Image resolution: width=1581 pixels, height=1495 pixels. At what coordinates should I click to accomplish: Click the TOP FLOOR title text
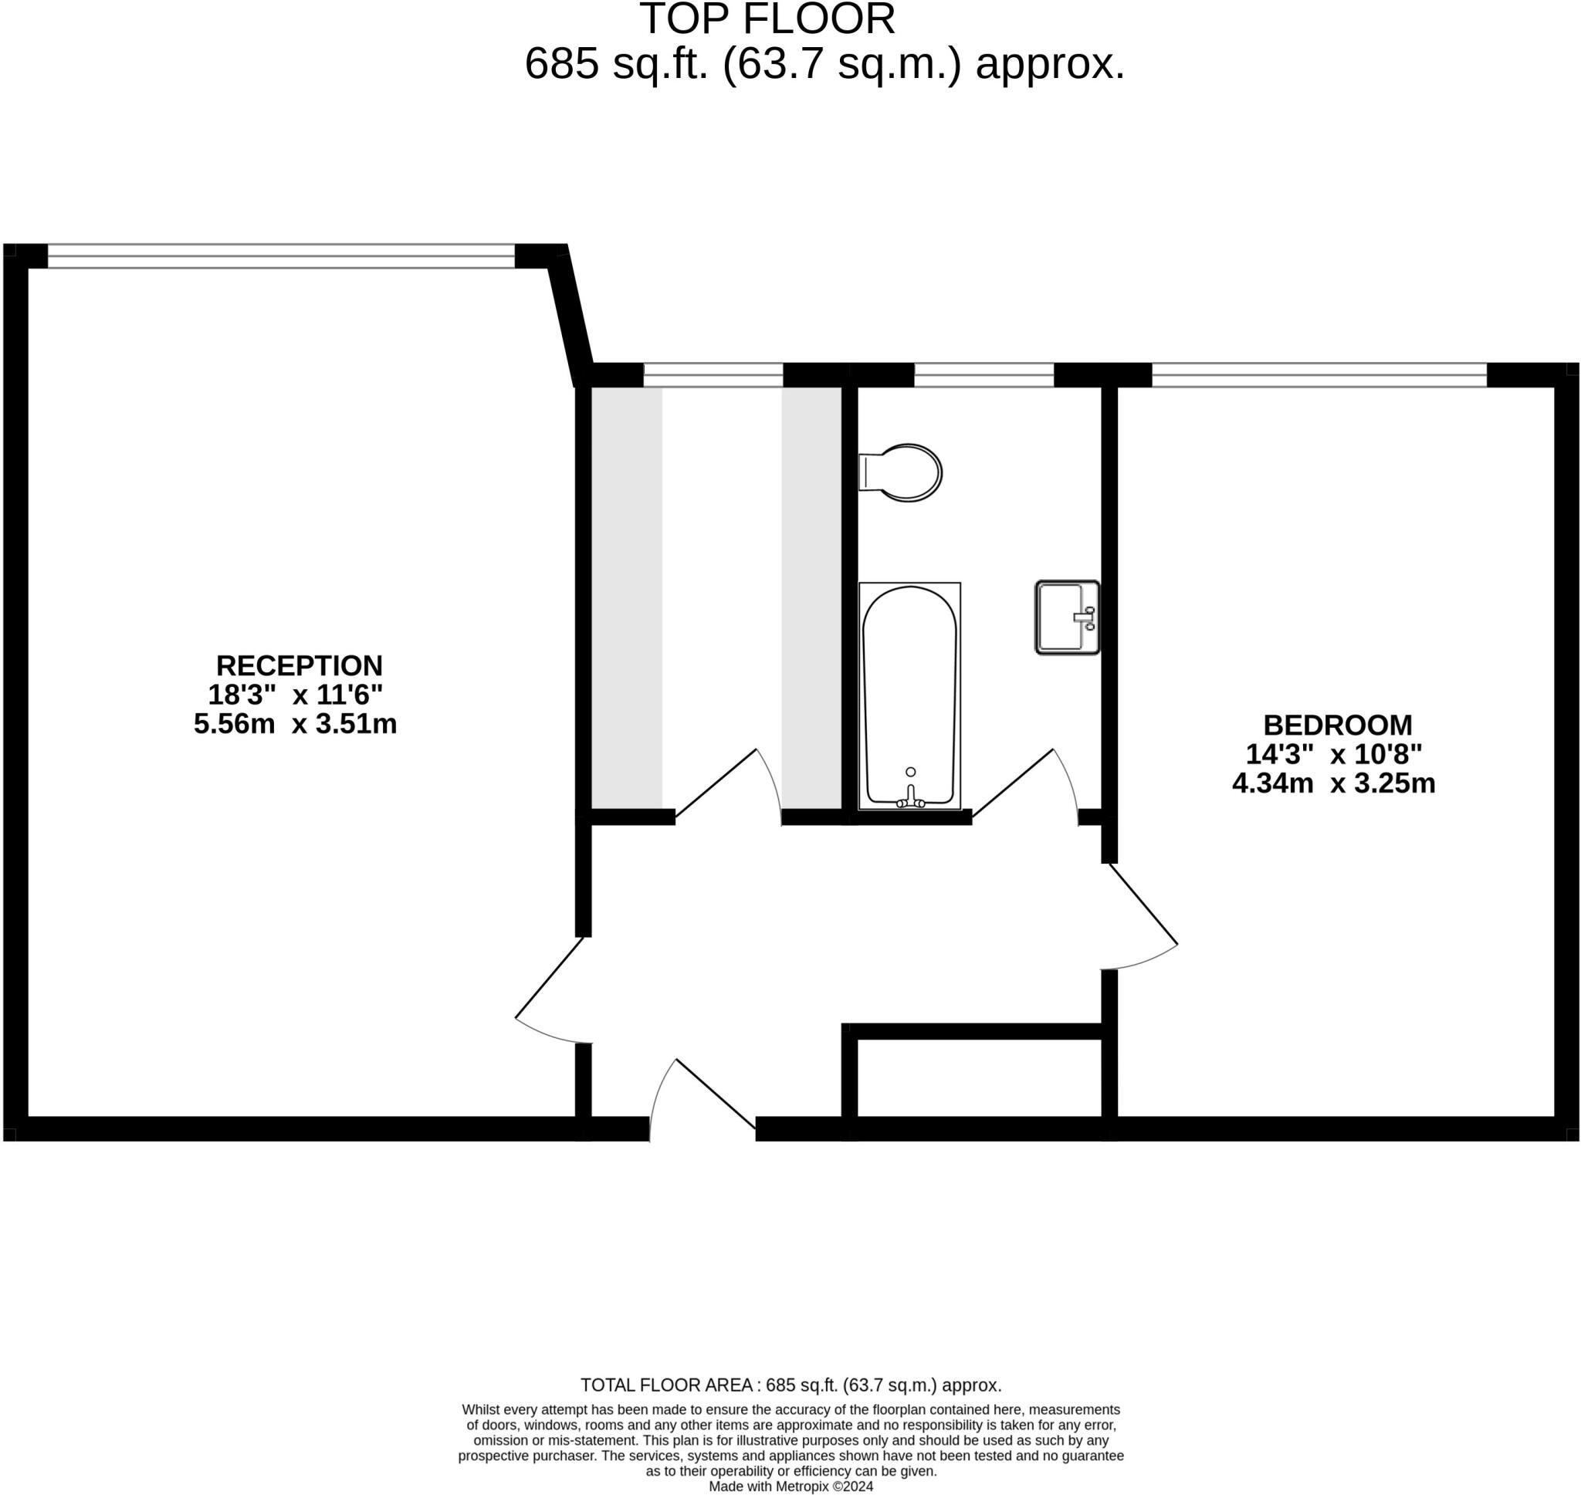coord(767,19)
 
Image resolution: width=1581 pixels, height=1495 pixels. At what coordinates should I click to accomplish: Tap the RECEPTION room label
coord(299,665)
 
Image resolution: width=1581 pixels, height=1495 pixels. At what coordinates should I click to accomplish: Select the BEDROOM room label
coord(1337,726)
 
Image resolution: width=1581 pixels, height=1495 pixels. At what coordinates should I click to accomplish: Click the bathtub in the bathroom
coord(909,693)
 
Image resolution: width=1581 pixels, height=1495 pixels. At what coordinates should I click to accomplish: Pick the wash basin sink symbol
coord(1067,617)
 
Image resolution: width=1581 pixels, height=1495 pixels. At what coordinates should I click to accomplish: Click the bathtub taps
coord(911,799)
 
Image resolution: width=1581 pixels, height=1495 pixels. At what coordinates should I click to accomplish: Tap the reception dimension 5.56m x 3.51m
coord(295,724)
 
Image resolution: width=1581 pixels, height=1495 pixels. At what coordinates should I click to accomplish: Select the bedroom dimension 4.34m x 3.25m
coord(1333,783)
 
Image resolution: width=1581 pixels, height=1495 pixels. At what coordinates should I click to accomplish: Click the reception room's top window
coord(280,255)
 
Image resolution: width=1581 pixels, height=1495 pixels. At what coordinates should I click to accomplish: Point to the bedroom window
coord(1319,374)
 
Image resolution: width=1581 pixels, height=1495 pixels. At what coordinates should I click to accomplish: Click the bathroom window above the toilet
coord(983,374)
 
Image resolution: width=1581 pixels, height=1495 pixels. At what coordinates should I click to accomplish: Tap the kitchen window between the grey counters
coord(713,374)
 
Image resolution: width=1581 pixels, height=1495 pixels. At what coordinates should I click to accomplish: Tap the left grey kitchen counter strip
coord(626,597)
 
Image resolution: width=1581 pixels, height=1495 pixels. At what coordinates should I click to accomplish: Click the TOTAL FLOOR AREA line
coord(790,1385)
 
